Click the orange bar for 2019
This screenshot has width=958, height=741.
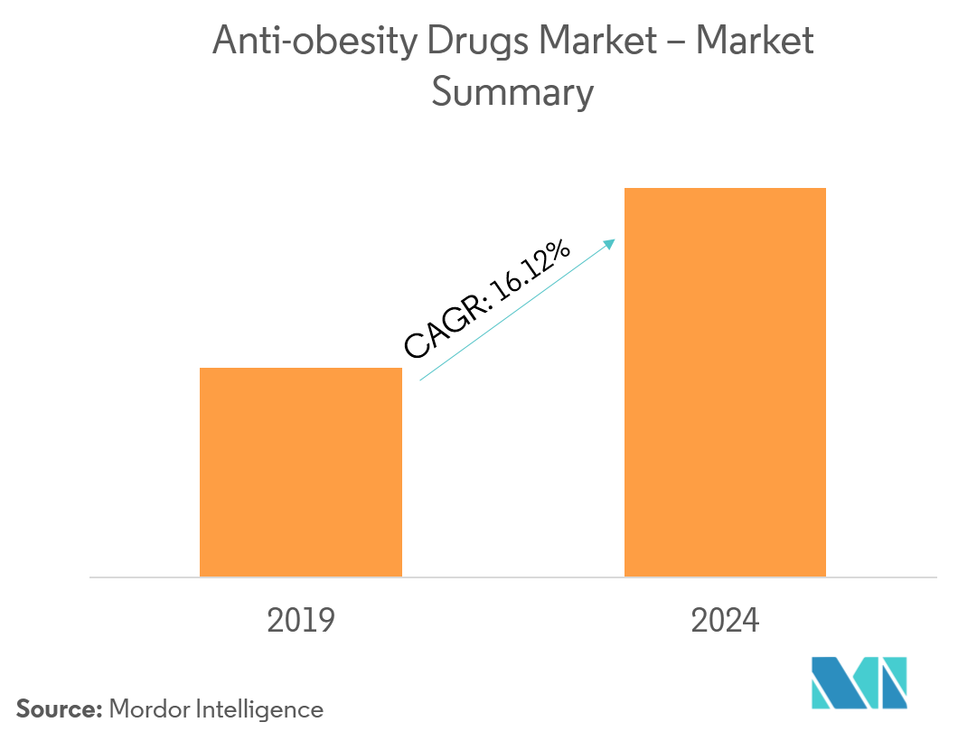point(300,472)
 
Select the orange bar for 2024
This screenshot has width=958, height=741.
point(725,382)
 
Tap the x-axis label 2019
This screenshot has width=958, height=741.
point(301,621)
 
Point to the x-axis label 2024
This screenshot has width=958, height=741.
point(725,621)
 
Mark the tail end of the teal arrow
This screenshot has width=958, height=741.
point(422,380)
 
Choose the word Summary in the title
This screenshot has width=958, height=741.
point(512,93)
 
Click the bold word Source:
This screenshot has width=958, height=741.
point(59,709)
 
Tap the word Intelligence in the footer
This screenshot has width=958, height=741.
point(258,709)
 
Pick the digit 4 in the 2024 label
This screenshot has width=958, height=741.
point(750,621)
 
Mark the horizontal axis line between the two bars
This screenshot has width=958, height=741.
point(513,577)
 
